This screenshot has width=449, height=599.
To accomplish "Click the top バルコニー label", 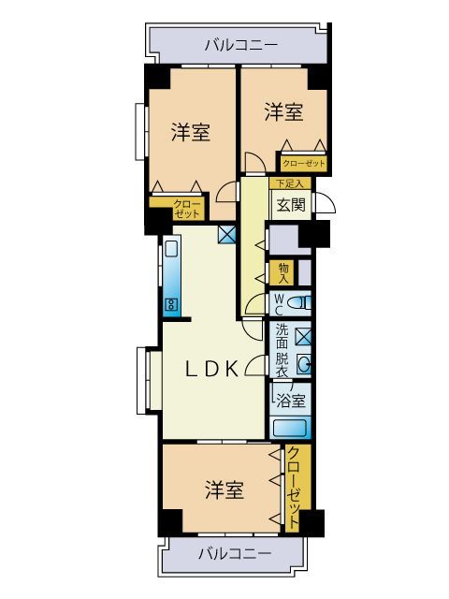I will (240, 44).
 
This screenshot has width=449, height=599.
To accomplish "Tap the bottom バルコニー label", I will (235, 553).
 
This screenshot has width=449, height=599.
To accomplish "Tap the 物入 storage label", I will (282, 272).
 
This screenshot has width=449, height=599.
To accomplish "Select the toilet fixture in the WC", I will (299, 302).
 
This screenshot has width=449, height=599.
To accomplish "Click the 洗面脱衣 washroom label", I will (282, 349).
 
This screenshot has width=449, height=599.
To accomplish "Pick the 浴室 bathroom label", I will (288, 400).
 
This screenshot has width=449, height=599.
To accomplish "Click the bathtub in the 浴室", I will (290, 429).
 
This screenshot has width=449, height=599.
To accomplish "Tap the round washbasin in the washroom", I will (302, 363).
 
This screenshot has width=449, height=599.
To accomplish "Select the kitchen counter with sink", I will (173, 277).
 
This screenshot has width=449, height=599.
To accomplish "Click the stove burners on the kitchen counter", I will (172, 303).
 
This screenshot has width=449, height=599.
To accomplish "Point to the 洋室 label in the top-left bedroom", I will (190, 133).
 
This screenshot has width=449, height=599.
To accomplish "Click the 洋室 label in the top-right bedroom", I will (282, 112).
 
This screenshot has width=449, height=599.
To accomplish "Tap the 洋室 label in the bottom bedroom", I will (224, 489).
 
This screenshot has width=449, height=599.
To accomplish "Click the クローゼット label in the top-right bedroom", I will (303, 163).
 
